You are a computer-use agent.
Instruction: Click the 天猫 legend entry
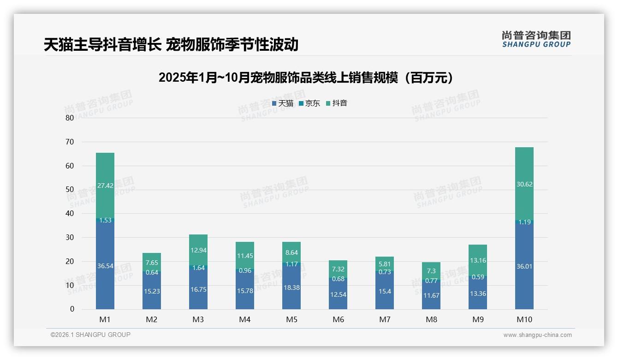(283, 103)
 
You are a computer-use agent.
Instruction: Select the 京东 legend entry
(309, 103)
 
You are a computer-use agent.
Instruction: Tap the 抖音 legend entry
(337, 103)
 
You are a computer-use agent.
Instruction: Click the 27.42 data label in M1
(105, 186)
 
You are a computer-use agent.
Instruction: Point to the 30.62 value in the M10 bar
(524, 184)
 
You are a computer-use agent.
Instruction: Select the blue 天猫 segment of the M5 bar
(291, 286)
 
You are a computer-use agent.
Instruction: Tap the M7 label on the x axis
(385, 319)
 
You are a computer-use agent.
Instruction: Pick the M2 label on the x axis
(152, 319)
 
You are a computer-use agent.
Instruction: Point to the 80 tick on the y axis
(70, 118)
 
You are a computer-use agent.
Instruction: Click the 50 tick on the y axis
(70, 190)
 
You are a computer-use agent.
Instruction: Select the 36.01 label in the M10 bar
(524, 266)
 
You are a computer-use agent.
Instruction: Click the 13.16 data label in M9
(478, 260)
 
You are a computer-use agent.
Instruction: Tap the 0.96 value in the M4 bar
(245, 271)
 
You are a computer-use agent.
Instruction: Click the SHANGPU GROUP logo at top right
(536, 39)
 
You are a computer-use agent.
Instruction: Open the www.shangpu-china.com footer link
(537, 335)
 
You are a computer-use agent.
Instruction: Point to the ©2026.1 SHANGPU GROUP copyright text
(90, 335)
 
